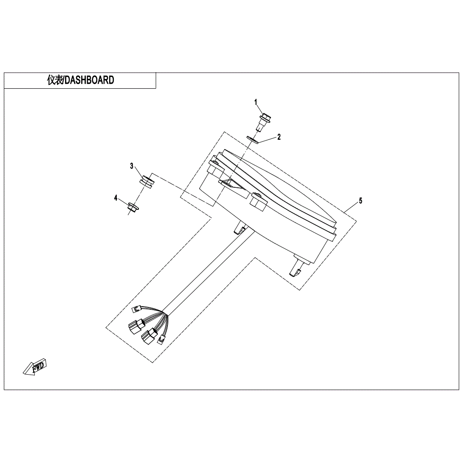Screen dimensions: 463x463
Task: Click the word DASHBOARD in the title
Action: (89, 80)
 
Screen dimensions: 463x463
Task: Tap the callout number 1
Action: (256, 102)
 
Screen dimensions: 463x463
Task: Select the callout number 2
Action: (279, 137)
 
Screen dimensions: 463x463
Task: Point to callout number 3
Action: (132, 166)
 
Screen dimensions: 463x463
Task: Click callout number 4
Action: (116, 198)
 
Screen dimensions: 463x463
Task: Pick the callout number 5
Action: (361, 201)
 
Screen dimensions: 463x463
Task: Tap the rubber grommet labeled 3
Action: (147, 181)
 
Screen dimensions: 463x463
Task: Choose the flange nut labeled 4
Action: (132, 207)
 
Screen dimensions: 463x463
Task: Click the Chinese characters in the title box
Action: (55, 80)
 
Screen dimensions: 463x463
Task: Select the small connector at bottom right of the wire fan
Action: (162, 339)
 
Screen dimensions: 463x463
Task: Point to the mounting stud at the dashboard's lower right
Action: (297, 268)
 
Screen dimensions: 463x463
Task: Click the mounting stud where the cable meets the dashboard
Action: (240, 229)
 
